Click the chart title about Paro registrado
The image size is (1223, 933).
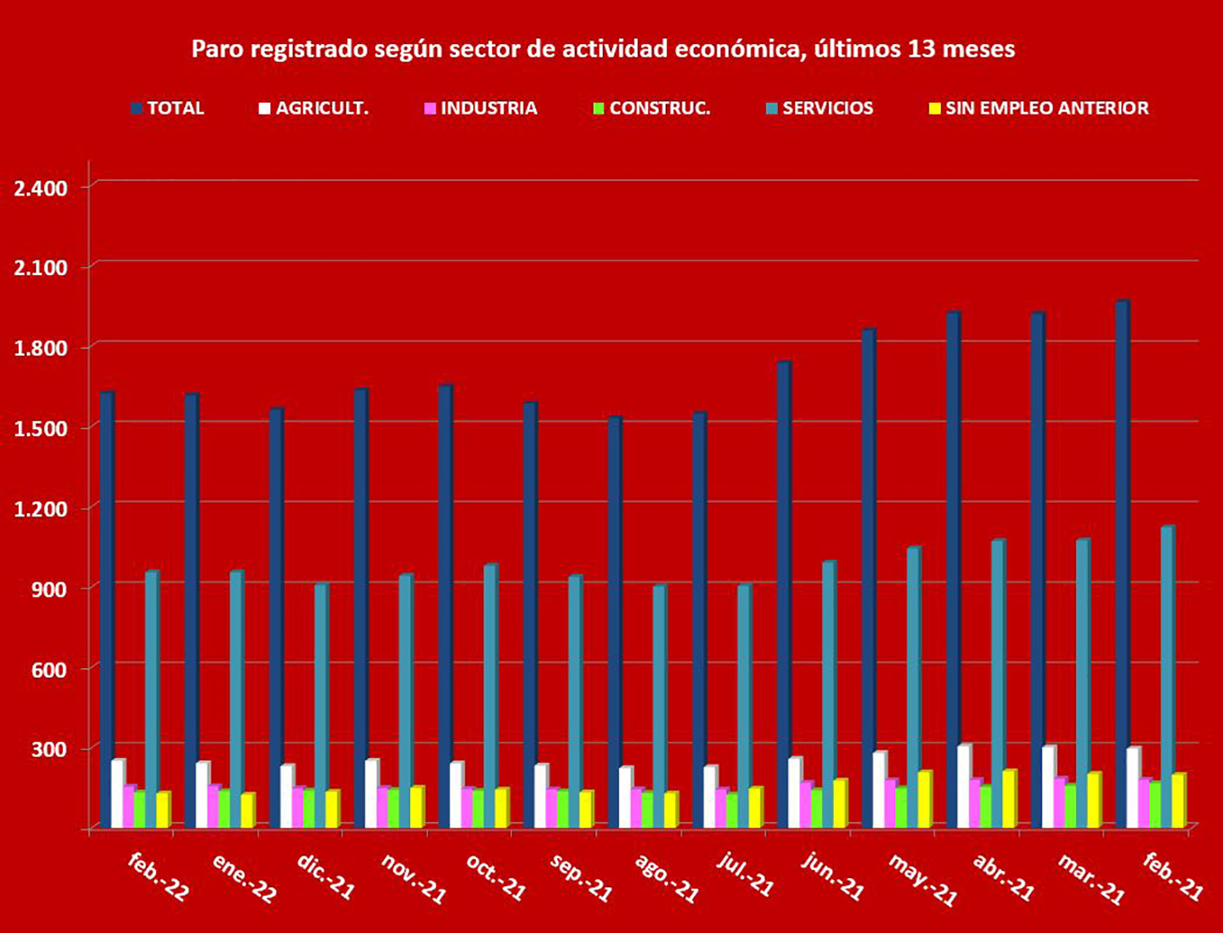pos(603,49)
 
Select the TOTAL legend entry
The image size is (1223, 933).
pos(167,109)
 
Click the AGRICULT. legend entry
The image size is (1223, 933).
pos(313,109)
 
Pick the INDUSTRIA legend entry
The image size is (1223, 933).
pos(481,109)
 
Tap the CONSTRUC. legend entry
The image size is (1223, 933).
pos(651,109)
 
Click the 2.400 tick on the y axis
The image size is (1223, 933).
pos(41,188)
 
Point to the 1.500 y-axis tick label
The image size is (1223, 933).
pos(41,428)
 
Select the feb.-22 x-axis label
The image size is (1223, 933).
pos(158,876)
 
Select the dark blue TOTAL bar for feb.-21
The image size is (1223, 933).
pos(1122,561)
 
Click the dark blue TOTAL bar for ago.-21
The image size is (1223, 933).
pos(614,620)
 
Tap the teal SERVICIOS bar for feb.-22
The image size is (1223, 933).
pos(151,697)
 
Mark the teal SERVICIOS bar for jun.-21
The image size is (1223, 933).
pos(828,693)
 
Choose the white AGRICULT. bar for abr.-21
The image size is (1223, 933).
pos(963,785)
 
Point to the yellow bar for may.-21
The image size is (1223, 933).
pos(924,799)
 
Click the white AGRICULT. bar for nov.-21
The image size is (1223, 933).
pos(371,793)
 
